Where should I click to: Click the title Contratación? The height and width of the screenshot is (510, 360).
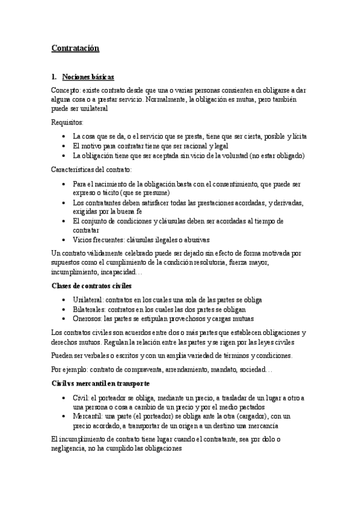click(x=75, y=48)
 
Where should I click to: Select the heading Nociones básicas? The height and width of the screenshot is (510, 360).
click(x=88, y=78)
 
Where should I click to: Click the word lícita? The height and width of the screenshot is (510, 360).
click(x=297, y=136)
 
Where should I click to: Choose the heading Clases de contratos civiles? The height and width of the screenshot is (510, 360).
click(x=91, y=285)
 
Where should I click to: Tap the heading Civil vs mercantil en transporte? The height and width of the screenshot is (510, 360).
click(x=100, y=384)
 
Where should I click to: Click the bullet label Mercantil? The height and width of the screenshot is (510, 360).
click(x=88, y=416)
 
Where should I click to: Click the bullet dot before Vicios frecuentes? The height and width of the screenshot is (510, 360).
click(x=64, y=240)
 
